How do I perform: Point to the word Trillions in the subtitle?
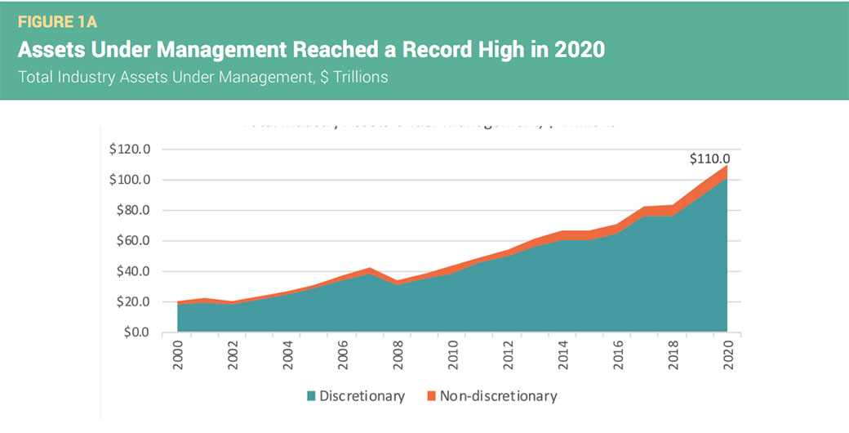click(x=353, y=77)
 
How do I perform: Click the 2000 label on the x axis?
click(x=178, y=356)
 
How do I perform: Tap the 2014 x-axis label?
click(x=563, y=356)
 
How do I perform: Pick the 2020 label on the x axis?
click(x=727, y=356)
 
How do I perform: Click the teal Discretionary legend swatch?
click(x=311, y=396)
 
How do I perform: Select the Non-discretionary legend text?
click(x=498, y=396)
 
